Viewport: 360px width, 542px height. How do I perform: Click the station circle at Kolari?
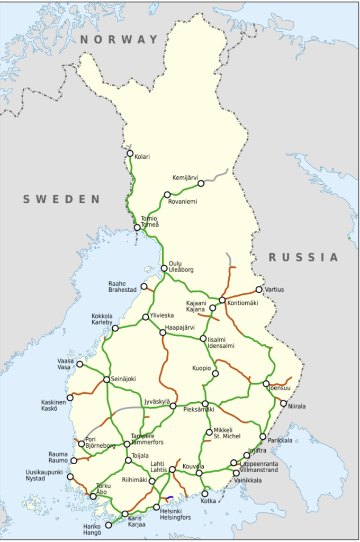130,153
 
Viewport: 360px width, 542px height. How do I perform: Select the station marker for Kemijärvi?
201,184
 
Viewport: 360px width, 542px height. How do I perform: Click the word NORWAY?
119,39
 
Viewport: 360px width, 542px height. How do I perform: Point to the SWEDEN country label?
61,199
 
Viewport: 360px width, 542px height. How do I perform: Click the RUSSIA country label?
303,257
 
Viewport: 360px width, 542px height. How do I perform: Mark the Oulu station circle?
164,268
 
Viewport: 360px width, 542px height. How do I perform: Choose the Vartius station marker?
259,290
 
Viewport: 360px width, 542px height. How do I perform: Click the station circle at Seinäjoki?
106,380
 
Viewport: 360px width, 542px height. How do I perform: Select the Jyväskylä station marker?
173,406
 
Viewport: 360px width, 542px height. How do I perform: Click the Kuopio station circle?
215,373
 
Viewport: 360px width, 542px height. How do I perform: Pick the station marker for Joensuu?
266,384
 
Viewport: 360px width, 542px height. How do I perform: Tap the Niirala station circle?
283,403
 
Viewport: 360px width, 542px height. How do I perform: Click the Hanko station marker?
109,526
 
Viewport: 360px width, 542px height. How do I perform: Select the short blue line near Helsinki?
169,498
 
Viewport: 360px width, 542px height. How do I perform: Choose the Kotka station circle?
205,494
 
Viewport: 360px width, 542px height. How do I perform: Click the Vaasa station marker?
80,364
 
